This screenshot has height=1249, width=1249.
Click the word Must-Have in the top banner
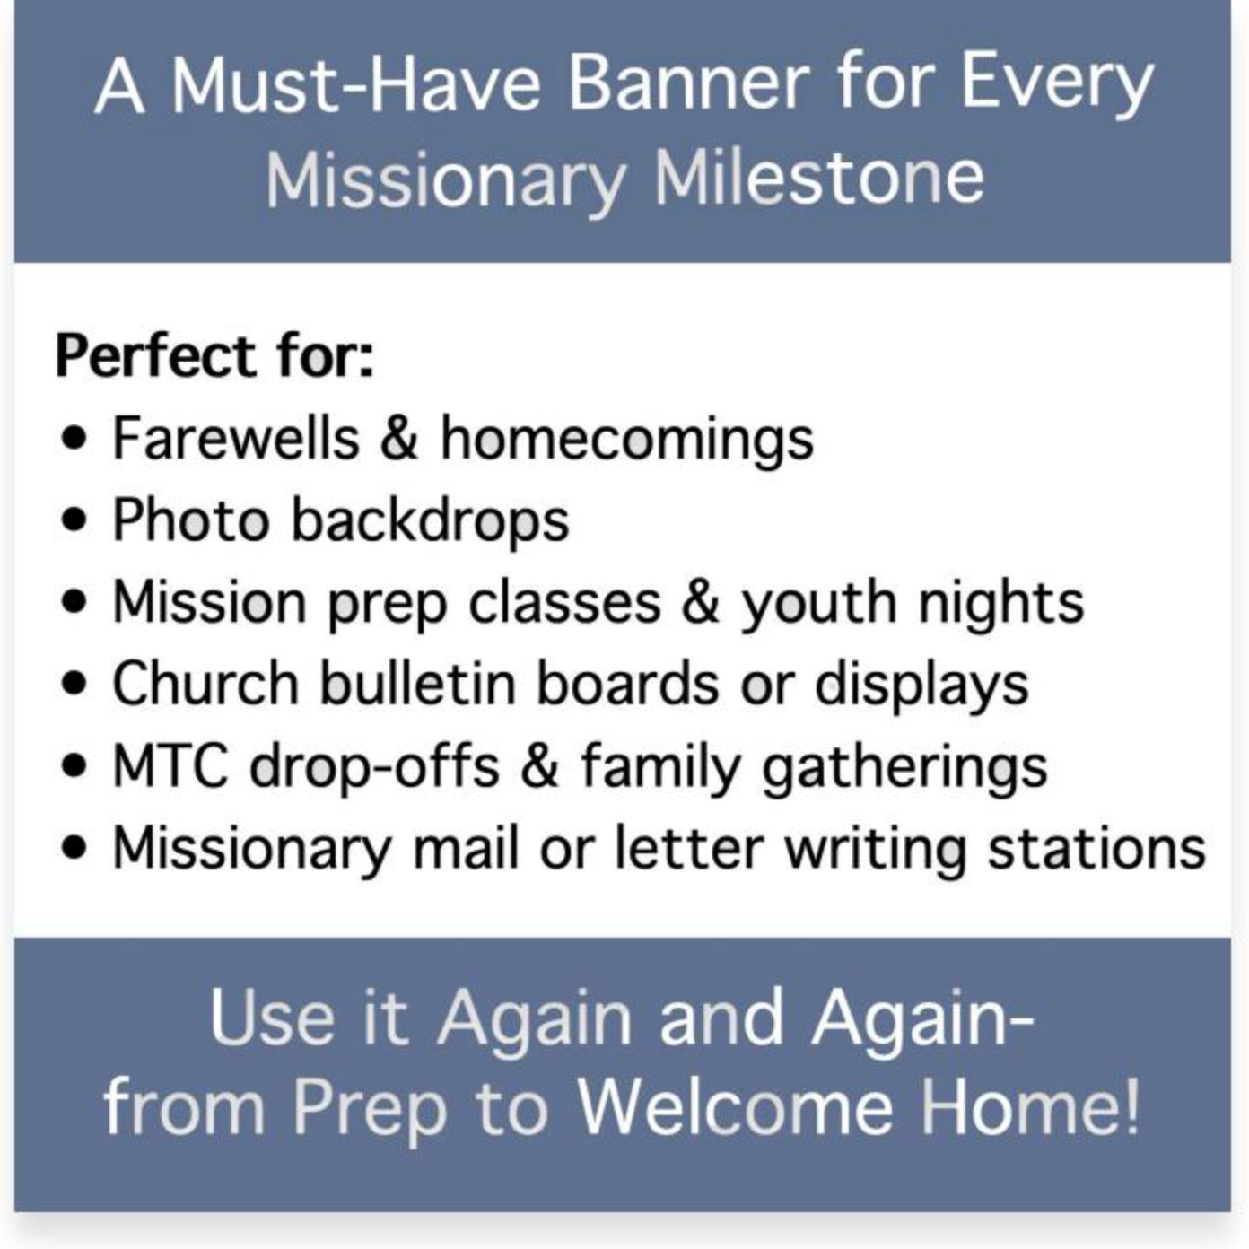355,84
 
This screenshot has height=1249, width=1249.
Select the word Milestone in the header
818,177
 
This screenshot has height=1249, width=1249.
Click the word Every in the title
1056,84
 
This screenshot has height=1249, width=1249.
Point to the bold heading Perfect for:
214,356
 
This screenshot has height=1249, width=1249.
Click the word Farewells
235,439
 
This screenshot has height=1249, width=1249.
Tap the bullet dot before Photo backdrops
76,520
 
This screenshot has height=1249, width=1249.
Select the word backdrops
430,521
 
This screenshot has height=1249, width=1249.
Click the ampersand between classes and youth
700,602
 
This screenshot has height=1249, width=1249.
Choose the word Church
205,684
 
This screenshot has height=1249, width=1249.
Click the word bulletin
419,684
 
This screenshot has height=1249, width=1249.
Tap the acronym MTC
170,767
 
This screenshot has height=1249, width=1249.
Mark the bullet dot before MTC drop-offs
76,767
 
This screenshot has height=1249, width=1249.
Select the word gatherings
904,769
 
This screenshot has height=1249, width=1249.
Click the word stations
1096,849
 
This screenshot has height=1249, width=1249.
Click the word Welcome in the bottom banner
735,1107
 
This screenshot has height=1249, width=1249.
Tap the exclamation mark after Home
1131,1107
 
